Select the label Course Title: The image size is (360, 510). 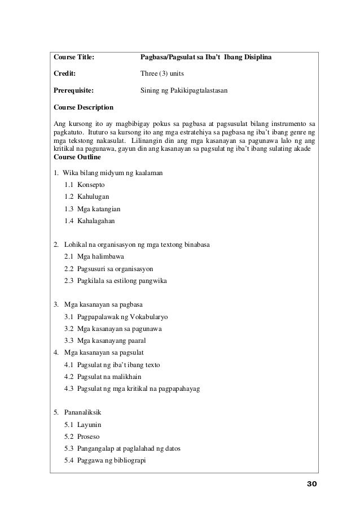point(73,57)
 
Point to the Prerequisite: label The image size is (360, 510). point(73,89)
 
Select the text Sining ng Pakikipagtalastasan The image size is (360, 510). point(184,89)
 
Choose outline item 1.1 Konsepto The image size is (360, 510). point(85,185)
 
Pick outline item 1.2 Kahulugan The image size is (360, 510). point(87,197)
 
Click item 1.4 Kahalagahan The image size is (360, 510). point(89,220)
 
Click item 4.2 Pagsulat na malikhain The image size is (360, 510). point(102,377)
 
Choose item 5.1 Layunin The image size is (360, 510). point(83,425)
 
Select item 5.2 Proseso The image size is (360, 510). point(82,437)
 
